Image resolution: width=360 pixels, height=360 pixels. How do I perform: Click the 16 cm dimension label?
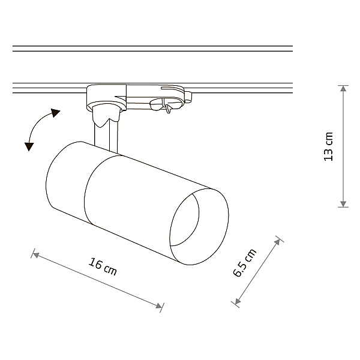tap(103, 267)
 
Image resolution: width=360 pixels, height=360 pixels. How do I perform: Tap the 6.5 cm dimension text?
tap(245, 263)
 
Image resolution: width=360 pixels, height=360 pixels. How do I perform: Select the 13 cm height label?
tap(328, 147)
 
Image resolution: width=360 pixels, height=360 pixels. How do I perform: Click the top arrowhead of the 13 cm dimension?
tap(343, 88)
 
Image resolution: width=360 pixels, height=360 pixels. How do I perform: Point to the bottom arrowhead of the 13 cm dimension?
tap(343, 204)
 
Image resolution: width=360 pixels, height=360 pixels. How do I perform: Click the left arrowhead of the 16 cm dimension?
tap(36, 254)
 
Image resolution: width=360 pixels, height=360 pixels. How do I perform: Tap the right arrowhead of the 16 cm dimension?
tap(159, 306)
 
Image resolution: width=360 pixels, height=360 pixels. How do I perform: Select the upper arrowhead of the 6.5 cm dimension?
tap(277, 242)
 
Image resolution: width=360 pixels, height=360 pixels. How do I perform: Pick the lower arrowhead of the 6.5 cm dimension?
tap(238, 301)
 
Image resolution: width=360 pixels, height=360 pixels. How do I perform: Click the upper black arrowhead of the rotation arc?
tap(55, 113)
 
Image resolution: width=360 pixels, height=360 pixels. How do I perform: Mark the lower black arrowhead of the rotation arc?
tap(29, 146)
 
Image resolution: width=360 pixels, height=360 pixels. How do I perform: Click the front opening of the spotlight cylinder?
tap(199, 227)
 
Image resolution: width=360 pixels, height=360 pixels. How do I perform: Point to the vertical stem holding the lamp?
tap(106, 137)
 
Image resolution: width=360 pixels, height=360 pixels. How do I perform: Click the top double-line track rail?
tap(152, 49)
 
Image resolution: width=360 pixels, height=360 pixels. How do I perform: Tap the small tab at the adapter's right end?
tap(188, 96)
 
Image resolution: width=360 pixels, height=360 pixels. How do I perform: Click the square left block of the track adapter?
tap(106, 97)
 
